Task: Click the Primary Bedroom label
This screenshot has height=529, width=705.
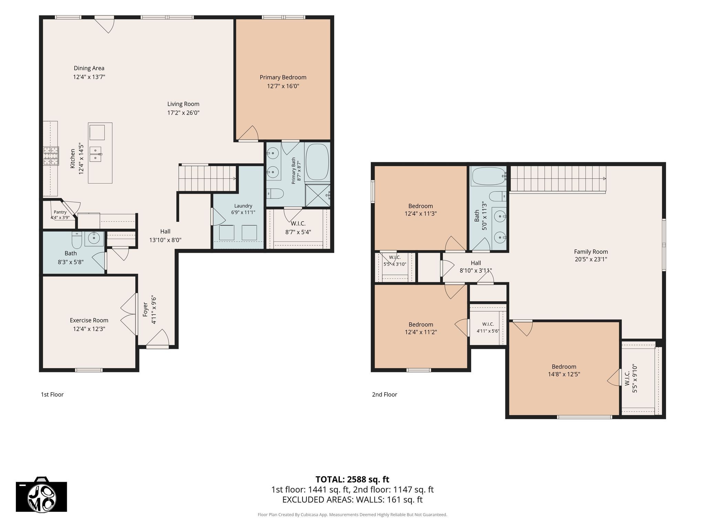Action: [x=283, y=77]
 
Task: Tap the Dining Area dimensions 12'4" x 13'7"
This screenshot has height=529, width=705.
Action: [x=89, y=77]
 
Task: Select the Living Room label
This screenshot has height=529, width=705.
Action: [x=183, y=104]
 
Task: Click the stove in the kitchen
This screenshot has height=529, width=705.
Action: [x=51, y=156]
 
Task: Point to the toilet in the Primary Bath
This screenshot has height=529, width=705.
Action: [x=275, y=194]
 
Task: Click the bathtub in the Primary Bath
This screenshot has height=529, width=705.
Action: [x=317, y=162]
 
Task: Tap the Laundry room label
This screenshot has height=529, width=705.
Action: [x=243, y=206]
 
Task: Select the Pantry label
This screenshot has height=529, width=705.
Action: [x=60, y=212]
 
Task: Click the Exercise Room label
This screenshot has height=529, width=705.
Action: [x=89, y=320]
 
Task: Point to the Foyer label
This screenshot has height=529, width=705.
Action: [x=145, y=310]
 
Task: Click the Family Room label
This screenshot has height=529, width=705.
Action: [x=591, y=252]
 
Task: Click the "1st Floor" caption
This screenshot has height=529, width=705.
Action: [x=52, y=395]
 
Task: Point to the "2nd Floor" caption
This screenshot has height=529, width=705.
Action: [x=385, y=395]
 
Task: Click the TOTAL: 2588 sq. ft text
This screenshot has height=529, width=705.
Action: [x=352, y=479]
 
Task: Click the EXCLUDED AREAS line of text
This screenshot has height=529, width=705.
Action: [x=352, y=500]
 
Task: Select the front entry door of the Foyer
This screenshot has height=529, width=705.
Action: [x=157, y=347]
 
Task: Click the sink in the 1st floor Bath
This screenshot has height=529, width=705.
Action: [x=94, y=238]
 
